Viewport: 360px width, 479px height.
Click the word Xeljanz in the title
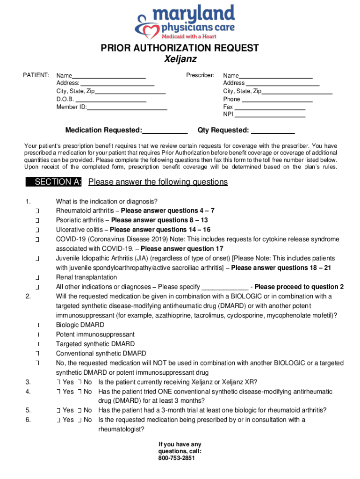180,59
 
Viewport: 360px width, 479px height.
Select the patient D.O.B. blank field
111,99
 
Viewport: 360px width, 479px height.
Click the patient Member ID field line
127,107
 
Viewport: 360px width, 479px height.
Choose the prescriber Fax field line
269,107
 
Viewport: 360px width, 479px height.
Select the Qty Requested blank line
273,131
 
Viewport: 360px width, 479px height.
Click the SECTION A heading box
54,182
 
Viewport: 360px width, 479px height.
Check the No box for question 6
80,420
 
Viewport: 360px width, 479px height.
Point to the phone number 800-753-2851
180,458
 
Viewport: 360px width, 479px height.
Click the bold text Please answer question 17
182,249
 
